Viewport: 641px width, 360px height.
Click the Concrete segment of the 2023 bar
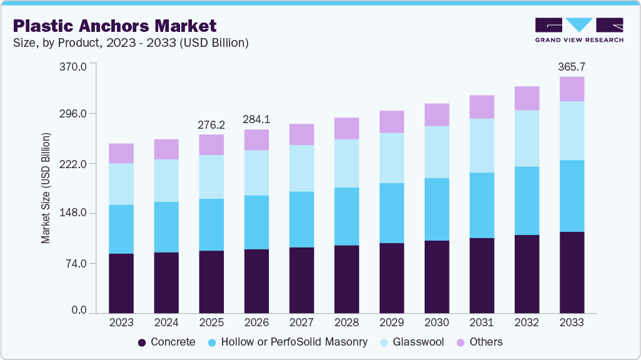click(x=121, y=283)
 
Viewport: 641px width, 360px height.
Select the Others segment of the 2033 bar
click(x=572, y=89)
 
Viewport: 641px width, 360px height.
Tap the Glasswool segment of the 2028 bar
click(x=346, y=163)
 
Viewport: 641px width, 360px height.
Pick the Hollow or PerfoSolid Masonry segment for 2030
click(x=437, y=209)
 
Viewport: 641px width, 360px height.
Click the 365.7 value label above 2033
click(x=572, y=66)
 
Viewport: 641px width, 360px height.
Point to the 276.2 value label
click(x=211, y=124)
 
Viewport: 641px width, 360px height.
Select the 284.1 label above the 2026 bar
click(x=256, y=119)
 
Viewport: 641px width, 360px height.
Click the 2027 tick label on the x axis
click(x=301, y=323)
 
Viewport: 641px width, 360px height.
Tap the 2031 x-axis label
click(x=482, y=323)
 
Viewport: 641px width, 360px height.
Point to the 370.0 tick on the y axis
click(x=74, y=65)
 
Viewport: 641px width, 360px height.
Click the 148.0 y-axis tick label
click(x=74, y=213)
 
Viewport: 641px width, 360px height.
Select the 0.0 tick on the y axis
click(x=79, y=311)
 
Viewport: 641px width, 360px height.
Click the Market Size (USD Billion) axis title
click(x=46, y=187)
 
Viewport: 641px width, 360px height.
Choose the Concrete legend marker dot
click(x=142, y=342)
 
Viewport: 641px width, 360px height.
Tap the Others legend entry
click(x=480, y=342)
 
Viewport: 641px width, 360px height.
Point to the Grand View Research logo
click(x=578, y=30)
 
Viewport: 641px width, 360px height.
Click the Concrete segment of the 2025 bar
click(x=211, y=281)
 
